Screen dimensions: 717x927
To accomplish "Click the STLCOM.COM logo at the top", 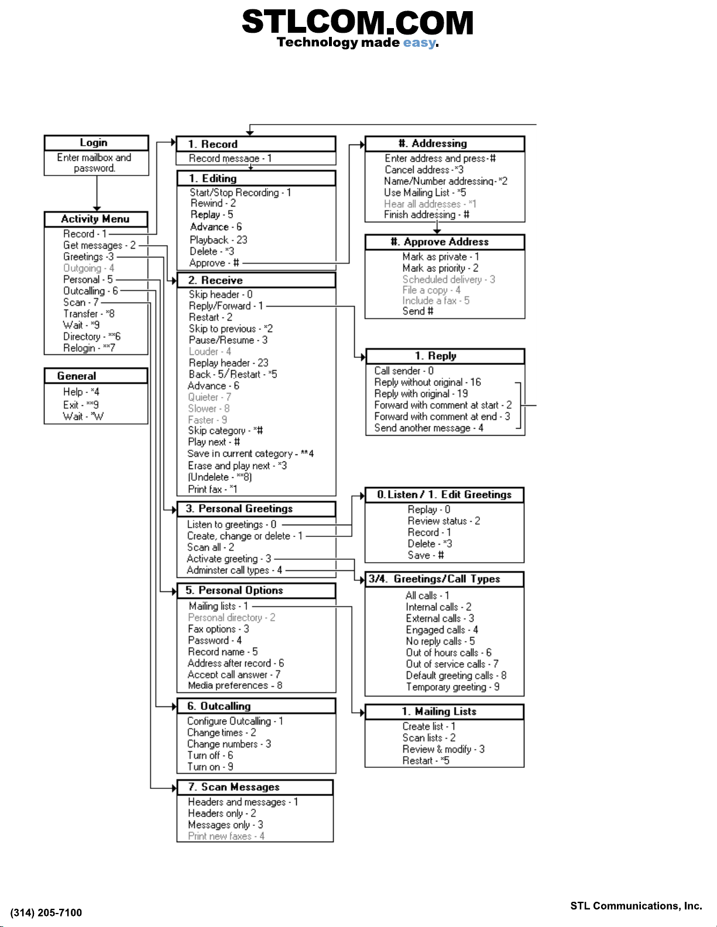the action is pos(358,22).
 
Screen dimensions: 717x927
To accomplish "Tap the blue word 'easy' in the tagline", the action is pos(419,43).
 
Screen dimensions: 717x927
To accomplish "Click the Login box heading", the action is pos(94,143).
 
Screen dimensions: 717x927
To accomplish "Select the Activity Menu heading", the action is pos(95,219).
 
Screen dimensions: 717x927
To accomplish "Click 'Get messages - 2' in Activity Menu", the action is pos(100,245).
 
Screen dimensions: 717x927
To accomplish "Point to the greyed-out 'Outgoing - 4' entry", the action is pos(89,268).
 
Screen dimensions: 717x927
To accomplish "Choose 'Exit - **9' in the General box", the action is pos(81,404).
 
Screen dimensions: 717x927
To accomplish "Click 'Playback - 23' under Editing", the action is pos(218,240).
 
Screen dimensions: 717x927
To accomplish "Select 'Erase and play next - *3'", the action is pos(237,466).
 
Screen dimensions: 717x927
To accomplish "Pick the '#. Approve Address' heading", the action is pos(440,242).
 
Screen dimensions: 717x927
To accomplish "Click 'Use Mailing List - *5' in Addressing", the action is pos(425,192).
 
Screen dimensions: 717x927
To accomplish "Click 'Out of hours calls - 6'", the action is pos(448,653).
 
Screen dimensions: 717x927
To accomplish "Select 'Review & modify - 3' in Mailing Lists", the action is pos(444,749).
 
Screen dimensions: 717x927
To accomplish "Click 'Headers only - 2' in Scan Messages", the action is pos(222,814).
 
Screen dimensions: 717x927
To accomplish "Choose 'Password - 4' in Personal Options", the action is pos(215,640).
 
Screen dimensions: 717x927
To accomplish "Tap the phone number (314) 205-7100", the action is pos(46,912).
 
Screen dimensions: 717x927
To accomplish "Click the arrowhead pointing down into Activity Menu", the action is pos(97,209).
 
